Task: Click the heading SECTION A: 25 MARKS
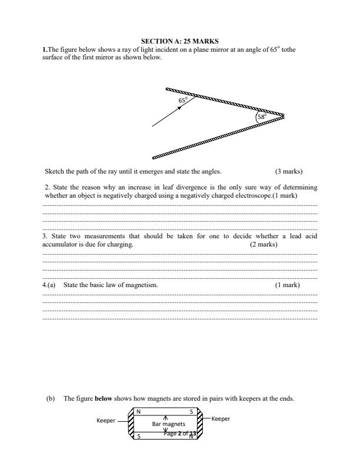(x=179, y=41)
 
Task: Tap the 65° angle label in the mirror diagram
(x=183, y=101)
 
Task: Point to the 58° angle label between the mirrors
(x=262, y=116)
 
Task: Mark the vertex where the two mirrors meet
(x=284, y=115)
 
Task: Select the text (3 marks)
(x=288, y=172)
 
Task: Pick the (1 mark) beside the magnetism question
(x=287, y=285)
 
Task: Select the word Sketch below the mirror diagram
(x=54, y=172)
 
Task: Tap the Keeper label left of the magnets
(x=106, y=421)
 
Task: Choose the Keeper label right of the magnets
(x=221, y=418)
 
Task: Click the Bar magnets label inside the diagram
(x=169, y=424)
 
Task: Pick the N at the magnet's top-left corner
(x=138, y=411)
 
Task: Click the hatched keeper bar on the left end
(x=131, y=424)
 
